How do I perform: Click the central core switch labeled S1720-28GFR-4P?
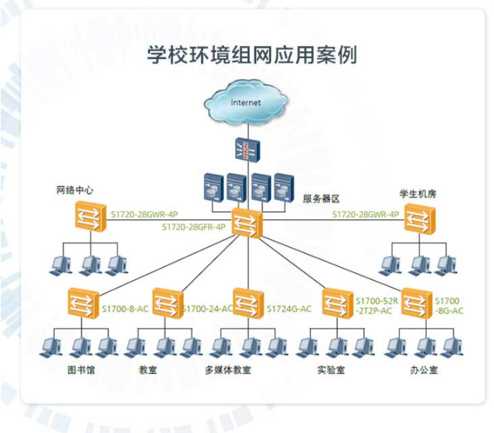246,222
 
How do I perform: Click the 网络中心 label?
75,190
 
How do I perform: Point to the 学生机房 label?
418,193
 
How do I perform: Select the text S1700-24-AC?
207,308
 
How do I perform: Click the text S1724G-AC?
288,308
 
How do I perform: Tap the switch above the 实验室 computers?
336,302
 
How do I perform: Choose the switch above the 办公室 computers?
416,302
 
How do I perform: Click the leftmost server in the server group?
214,187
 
